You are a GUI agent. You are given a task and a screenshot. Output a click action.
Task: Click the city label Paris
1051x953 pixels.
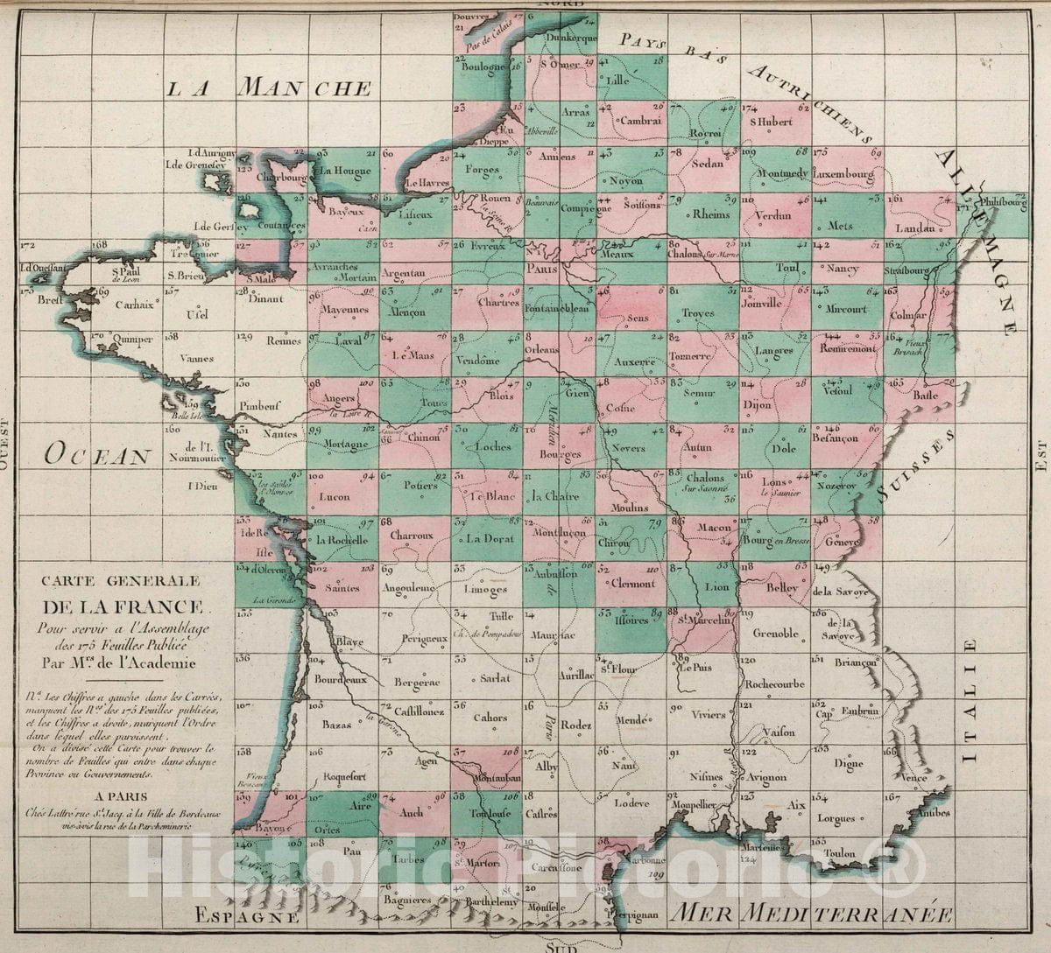(x=541, y=270)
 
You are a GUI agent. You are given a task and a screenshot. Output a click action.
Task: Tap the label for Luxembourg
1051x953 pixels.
(x=843, y=174)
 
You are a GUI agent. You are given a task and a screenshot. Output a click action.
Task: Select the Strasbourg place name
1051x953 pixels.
(x=906, y=271)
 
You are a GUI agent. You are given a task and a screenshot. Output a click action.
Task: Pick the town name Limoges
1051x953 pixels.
(x=486, y=590)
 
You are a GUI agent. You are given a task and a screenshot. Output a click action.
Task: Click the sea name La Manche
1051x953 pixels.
(x=270, y=88)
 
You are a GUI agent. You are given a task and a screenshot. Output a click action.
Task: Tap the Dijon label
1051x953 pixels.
(x=757, y=405)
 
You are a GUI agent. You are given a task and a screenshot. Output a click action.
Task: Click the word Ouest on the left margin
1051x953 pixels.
(x=6, y=443)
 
